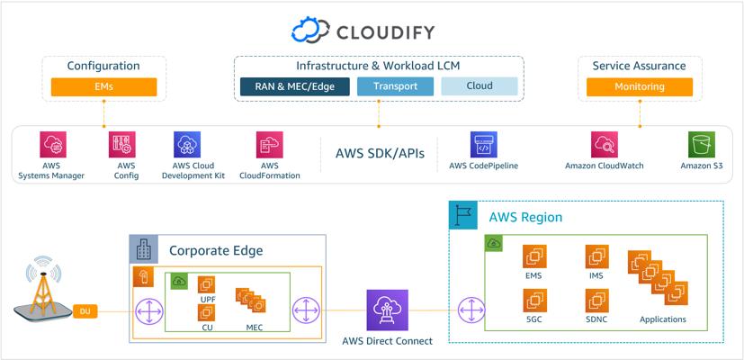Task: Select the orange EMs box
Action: (x=104, y=87)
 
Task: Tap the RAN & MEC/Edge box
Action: (x=295, y=86)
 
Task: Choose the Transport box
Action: (x=395, y=86)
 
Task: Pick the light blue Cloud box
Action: (x=480, y=86)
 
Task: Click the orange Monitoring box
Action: (x=640, y=87)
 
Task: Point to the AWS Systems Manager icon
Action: (x=53, y=144)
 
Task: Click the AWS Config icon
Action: (x=122, y=144)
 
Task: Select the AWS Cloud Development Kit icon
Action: (x=187, y=144)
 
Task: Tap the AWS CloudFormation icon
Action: (x=270, y=144)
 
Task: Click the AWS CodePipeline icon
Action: (x=483, y=144)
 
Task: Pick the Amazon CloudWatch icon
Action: (x=605, y=144)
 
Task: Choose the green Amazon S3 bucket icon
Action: (x=702, y=144)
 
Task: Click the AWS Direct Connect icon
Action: (x=387, y=310)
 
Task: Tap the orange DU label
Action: (x=85, y=311)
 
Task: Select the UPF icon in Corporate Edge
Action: (x=206, y=285)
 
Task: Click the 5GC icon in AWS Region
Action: (x=534, y=301)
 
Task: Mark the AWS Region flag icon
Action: (x=462, y=215)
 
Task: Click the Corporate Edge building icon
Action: (x=144, y=249)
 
